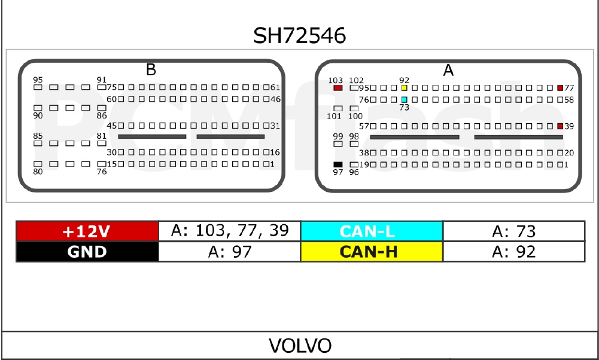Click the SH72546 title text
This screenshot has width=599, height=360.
pos(299,36)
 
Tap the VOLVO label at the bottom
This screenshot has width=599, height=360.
pos(299,346)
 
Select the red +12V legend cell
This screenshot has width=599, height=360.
pos(87,231)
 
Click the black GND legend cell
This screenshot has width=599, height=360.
pos(87,252)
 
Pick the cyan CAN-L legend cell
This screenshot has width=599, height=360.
pos(372,231)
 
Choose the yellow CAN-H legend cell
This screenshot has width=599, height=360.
pos(372,252)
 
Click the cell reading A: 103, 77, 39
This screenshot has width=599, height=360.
pos(230,231)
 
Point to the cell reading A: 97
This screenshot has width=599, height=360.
pos(230,252)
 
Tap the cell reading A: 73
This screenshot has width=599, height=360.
pos(513,231)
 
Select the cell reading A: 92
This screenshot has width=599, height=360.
pos(513,252)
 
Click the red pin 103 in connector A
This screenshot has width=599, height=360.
pos(338,88)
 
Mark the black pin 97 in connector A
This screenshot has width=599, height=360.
pos(338,164)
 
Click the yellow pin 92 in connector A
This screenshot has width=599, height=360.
pos(405,88)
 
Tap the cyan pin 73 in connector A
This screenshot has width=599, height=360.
pos(405,99)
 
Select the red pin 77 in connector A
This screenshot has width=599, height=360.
pos(560,88)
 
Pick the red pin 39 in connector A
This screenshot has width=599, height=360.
pos(560,126)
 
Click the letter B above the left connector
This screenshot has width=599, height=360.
pos(151,70)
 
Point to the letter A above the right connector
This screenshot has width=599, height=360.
pos(448,71)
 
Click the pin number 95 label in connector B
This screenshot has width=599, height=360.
pos(38,80)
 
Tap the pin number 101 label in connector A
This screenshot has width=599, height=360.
pos(334,116)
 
